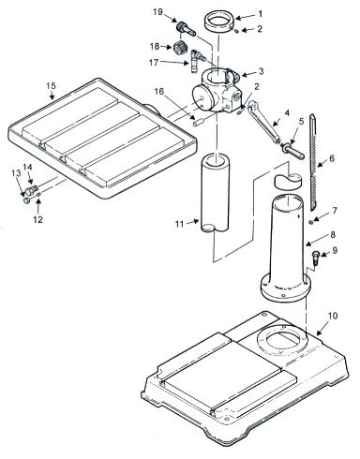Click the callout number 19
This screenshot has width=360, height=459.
pos(158,12)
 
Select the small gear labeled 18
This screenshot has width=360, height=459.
pos(178,48)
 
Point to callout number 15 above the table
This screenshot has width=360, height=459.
pos(51,85)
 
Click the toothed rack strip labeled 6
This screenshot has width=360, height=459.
pos(313,162)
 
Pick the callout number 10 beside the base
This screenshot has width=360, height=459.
pos(333,316)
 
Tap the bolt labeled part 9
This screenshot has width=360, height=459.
pos(315,259)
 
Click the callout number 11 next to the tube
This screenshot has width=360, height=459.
pos(179,224)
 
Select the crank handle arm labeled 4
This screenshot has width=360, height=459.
pos(262,123)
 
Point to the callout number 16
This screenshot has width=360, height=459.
pos(158,91)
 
